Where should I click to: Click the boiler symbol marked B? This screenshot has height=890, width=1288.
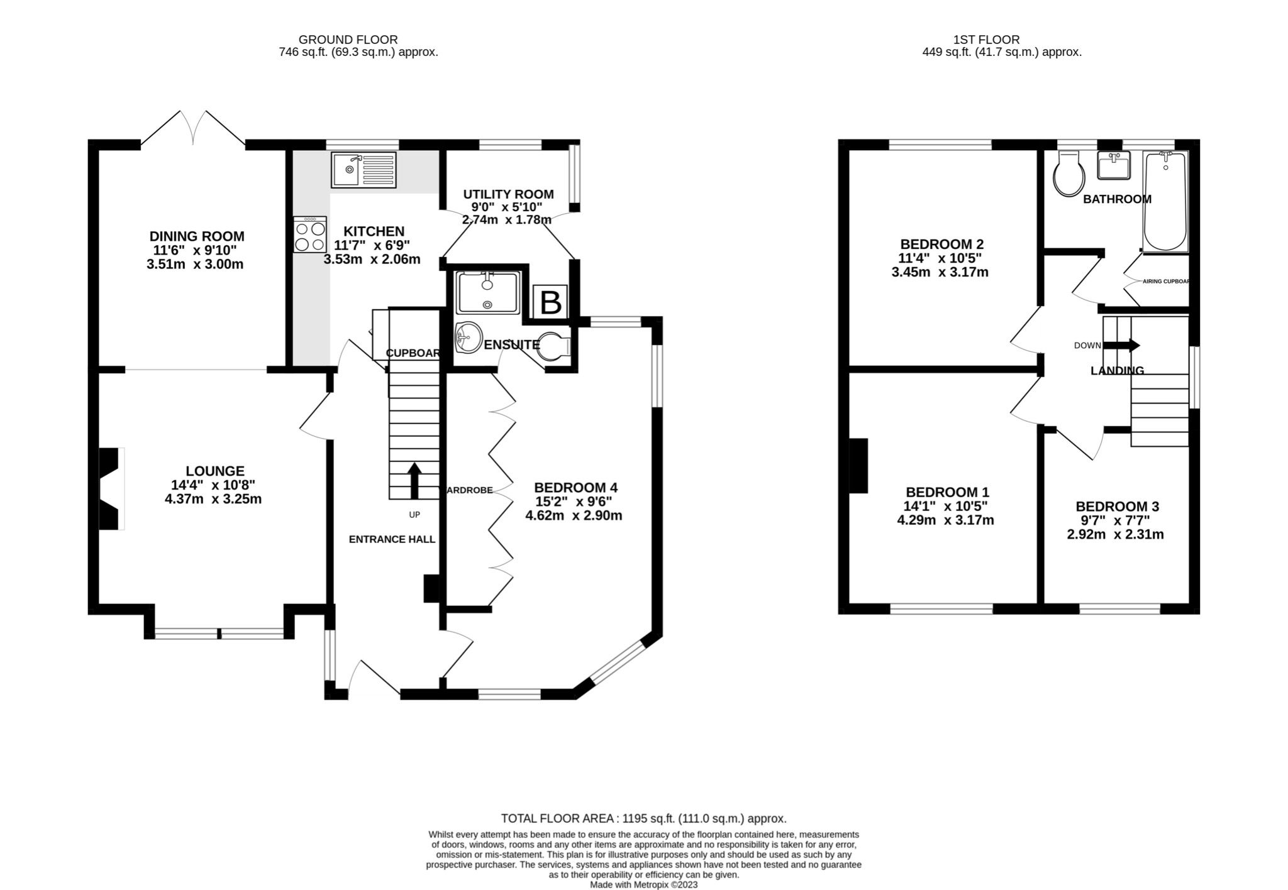[x=550, y=302]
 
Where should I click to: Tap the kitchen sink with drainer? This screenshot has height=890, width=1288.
[x=364, y=170]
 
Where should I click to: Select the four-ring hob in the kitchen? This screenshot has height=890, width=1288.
[x=310, y=234]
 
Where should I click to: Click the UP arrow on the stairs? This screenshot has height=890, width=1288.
[x=414, y=481]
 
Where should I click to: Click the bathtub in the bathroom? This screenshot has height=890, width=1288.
[x=1165, y=201]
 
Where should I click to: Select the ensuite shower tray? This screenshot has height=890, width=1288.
[x=489, y=292]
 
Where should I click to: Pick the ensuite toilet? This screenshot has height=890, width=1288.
[x=553, y=346]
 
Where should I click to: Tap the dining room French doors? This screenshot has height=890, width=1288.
[x=193, y=129]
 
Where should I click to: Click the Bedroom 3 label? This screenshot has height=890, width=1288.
[x=1117, y=507]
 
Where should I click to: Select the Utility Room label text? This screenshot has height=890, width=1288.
[x=508, y=194]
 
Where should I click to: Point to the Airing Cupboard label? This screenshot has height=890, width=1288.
[x=1165, y=282]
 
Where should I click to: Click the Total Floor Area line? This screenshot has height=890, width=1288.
[x=643, y=818]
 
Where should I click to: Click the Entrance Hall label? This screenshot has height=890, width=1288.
[x=392, y=539]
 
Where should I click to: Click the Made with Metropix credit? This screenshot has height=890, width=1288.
[x=643, y=884]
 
